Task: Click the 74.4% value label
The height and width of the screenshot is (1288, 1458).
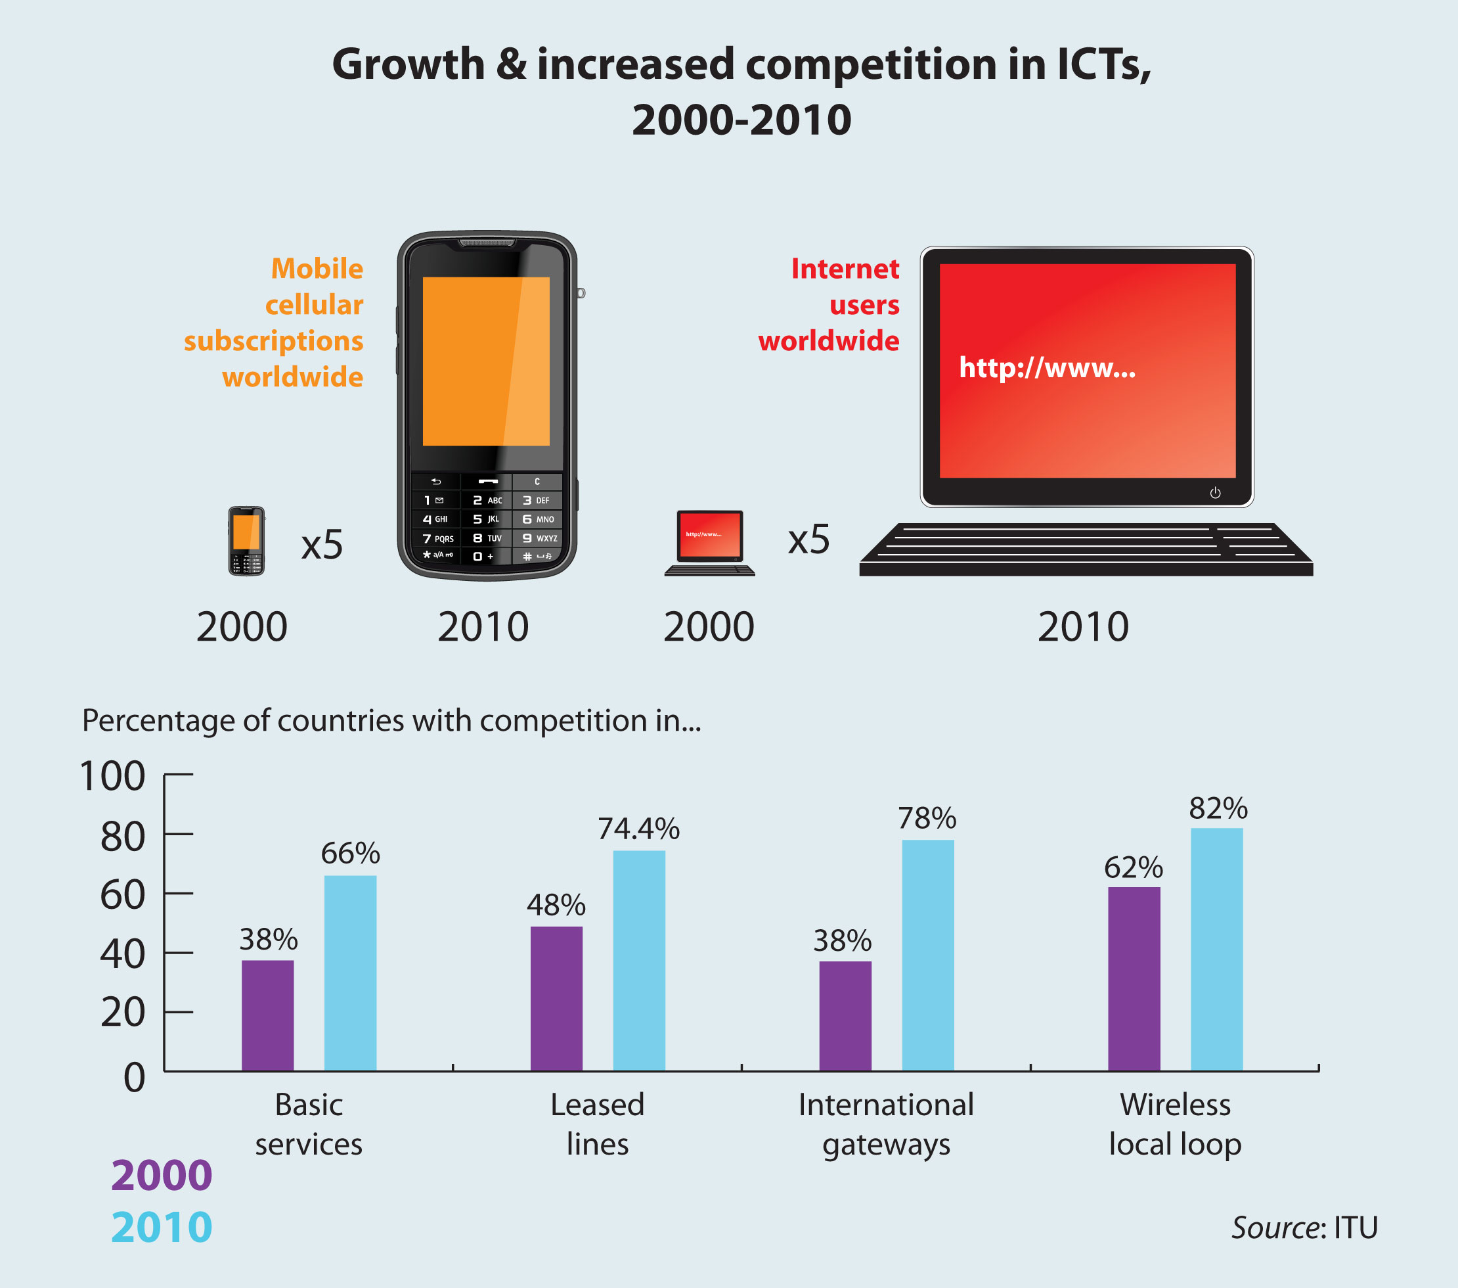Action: pyautogui.click(x=638, y=829)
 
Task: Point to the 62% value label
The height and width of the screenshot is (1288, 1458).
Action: pyautogui.click(x=1134, y=867)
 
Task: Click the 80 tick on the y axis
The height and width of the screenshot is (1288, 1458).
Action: pyautogui.click(x=123, y=837)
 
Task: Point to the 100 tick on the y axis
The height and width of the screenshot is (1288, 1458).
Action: pyautogui.click(x=113, y=775)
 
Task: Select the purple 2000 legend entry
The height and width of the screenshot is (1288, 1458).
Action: pyautogui.click(x=162, y=1175)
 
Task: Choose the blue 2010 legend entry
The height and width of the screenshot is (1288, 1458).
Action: pyautogui.click(x=162, y=1228)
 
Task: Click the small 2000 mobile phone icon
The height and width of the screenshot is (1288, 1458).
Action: pyautogui.click(x=246, y=540)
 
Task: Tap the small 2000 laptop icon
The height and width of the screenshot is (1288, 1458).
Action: pyautogui.click(x=710, y=542)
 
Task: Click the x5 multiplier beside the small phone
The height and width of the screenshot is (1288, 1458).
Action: pyautogui.click(x=322, y=545)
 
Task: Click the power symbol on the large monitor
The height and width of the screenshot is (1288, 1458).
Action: pyautogui.click(x=1215, y=492)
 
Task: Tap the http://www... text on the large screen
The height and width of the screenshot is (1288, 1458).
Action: pyautogui.click(x=1046, y=367)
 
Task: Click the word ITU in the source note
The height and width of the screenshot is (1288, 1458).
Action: pyautogui.click(x=1356, y=1228)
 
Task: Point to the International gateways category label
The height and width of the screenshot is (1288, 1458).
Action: pyautogui.click(x=886, y=1124)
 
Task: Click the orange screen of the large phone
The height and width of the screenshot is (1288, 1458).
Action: pyautogui.click(x=486, y=361)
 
